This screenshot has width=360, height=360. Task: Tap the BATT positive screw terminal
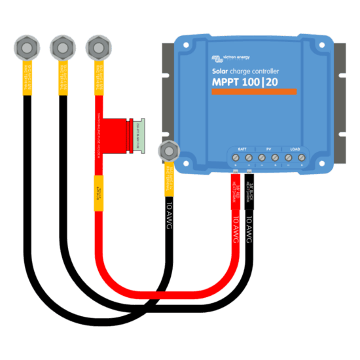pyautogui.click(x=236, y=158)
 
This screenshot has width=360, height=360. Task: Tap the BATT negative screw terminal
pyautogui.click(x=249, y=158)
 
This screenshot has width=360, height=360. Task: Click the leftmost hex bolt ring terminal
pyautogui.click(x=25, y=47)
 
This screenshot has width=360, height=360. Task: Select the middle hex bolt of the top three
pyautogui.click(x=62, y=47)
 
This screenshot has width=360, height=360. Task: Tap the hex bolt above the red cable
pyautogui.click(x=98, y=47)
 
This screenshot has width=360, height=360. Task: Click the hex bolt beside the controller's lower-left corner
pyautogui.click(x=169, y=150)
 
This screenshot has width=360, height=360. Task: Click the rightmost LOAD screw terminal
pyautogui.click(x=302, y=158)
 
